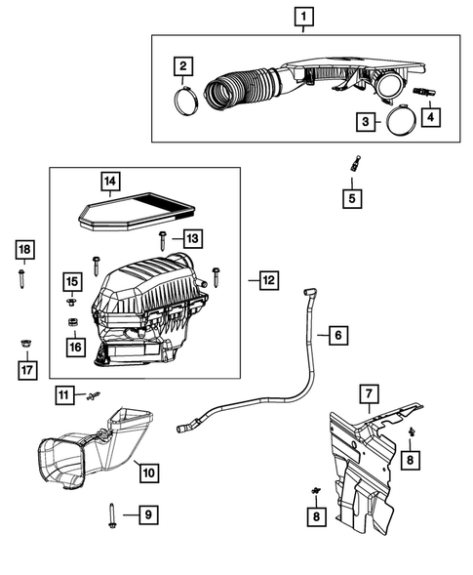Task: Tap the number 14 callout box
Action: point(111,180)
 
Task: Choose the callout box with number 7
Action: point(369,393)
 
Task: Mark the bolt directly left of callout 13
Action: point(161,239)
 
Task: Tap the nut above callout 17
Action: point(24,343)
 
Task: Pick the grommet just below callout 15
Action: point(72,302)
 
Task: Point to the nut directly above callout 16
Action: point(72,323)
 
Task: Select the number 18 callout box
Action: point(24,251)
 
